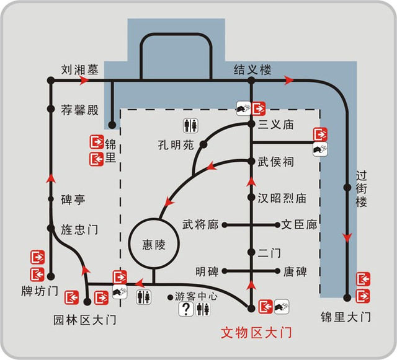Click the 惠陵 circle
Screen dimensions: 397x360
pyautogui.click(x=154, y=219)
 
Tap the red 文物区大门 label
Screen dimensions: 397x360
pyautogui.click(x=256, y=332)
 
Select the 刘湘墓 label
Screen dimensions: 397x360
pyautogui.click(x=80, y=69)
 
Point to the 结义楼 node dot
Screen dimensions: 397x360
pyautogui.click(x=251, y=81)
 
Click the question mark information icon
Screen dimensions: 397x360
pyautogui.click(x=186, y=309)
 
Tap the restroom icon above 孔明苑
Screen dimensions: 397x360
pyautogui.click(x=190, y=126)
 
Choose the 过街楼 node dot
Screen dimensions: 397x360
pyautogui.click(x=347, y=188)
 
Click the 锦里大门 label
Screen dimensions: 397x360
pyautogui.click(x=346, y=317)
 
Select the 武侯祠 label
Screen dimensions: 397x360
pyautogui.click(x=275, y=162)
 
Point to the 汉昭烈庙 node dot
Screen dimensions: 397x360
pyautogui.click(x=251, y=197)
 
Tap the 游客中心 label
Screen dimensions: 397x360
pyautogui.click(x=196, y=296)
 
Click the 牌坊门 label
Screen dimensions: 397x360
pyautogui.click(x=40, y=291)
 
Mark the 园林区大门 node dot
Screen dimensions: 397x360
pyautogui.click(x=87, y=302)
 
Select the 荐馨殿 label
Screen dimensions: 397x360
pyautogui.click(x=79, y=110)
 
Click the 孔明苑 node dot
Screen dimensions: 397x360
pyautogui.click(x=203, y=145)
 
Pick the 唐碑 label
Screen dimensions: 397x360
pyautogui.click(x=295, y=272)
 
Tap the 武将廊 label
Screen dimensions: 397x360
pyautogui.click(x=200, y=224)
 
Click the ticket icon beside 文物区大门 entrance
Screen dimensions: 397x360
pyautogui.click(x=282, y=307)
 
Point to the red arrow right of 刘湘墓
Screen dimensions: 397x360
pyautogui.click(x=84, y=81)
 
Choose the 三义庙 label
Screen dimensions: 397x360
pyautogui.click(x=275, y=125)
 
